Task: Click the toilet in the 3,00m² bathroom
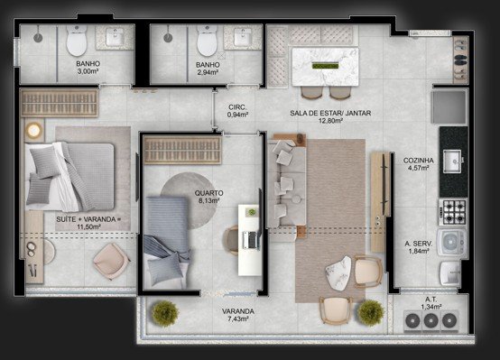[77, 41]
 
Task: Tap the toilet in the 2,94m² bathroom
[207, 41]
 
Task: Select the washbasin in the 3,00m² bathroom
[115, 37]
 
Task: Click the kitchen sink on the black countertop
[452, 162]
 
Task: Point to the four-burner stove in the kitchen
[453, 212]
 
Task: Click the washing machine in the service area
[452, 243]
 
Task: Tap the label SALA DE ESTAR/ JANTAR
[330, 113]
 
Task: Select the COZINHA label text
[419, 161]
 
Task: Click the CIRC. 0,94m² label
[237, 111]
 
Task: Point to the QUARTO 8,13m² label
[208, 197]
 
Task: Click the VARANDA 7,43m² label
[238, 315]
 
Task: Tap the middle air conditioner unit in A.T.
[431, 319]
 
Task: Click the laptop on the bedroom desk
[251, 240]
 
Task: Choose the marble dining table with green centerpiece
[325, 67]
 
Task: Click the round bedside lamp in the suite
[33, 131]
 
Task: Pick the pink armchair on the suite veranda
[111, 261]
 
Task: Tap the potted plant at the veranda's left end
[164, 313]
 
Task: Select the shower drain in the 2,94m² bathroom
[168, 38]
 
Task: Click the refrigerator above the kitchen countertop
[449, 106]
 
